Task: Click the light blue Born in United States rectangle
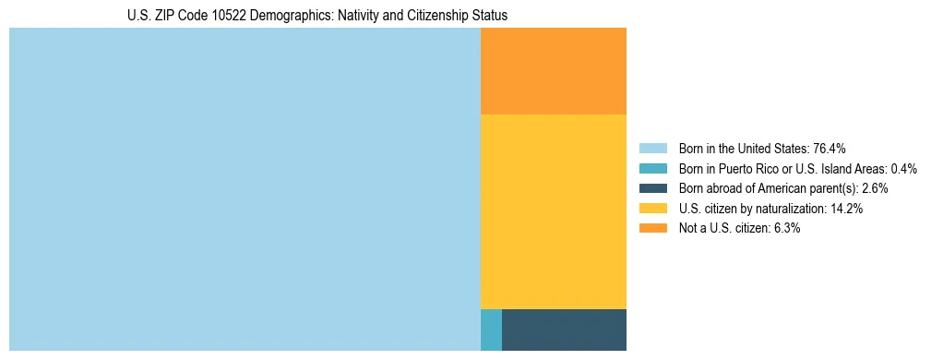245,189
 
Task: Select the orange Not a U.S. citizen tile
554,71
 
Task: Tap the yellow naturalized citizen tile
554,211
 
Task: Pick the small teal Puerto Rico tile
491,330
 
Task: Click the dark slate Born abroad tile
564,330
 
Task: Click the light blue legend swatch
652,149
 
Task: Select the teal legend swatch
652,169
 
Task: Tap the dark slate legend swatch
652,188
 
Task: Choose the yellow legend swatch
652,209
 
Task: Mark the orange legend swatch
652,229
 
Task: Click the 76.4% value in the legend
830,149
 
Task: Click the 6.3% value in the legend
786,229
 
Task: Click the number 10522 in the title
221,16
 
